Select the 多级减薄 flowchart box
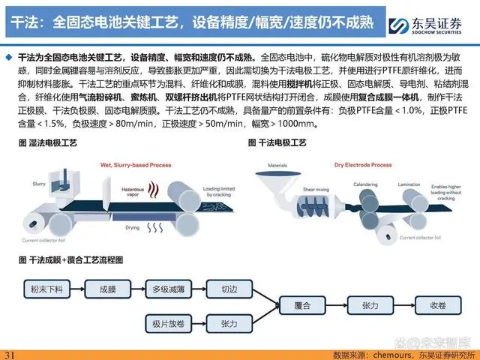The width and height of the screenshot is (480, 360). tap(169, 289)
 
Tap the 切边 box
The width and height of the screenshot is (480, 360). tap(229, 289)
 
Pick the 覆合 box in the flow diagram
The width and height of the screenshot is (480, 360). tap(303, 307)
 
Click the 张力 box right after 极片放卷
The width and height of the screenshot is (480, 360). tap(229, 324)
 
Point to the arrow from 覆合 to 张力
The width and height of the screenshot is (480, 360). tap(337, 307)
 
